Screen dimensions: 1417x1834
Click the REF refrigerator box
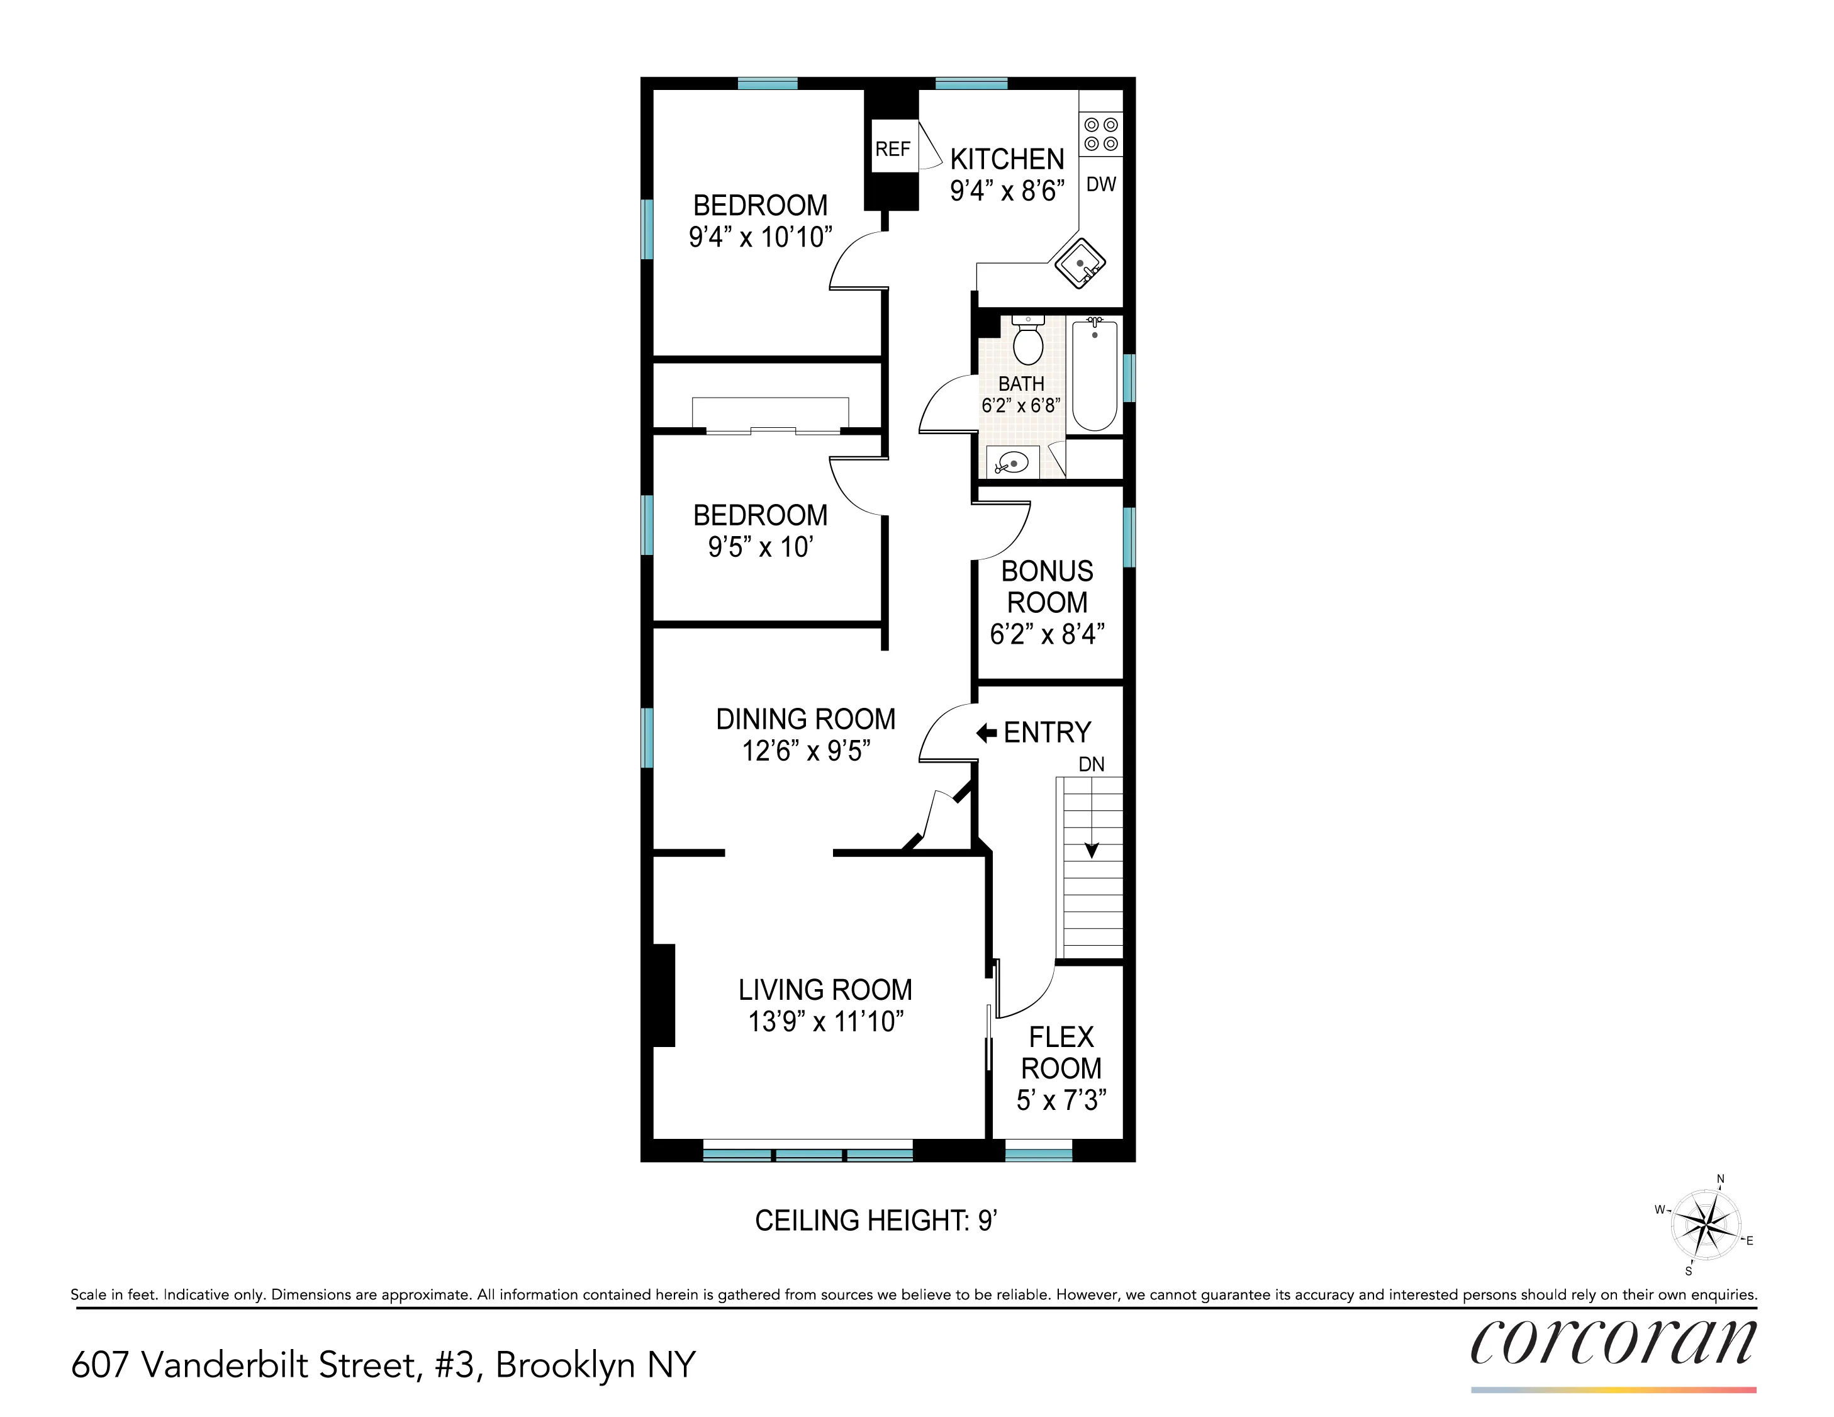click(x=893, y=148)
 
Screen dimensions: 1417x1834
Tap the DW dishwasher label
click(x=1101, y=184)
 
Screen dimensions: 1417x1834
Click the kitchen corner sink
click(x=1081, y=264)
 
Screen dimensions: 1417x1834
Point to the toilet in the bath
click(x=1028, y=340)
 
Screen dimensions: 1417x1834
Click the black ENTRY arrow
click(x=987, y=733)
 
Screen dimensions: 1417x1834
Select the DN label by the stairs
click(x=1091, y=765)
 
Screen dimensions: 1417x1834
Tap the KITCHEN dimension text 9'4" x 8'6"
click(x=1007, y=191)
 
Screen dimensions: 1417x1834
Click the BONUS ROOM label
click(x=1047, y=586)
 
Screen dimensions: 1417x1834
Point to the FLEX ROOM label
click(x=1061, y=1053)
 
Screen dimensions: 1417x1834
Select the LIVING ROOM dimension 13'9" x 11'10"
click(x=825, y=1021)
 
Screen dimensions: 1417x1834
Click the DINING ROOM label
click(x=805, y=719)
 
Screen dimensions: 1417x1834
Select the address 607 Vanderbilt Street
click(x=243, y=1365)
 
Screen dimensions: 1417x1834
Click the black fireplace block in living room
click(x=663, y=995)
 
